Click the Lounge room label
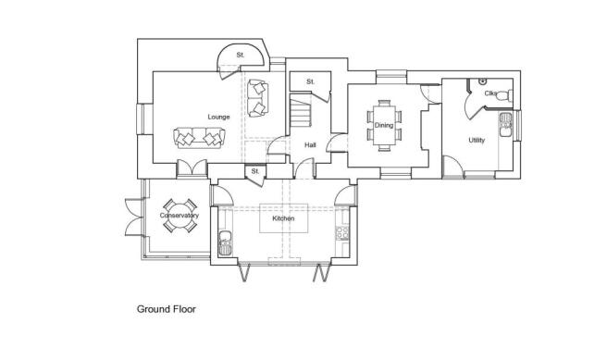[218, 117]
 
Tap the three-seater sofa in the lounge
[199, 138]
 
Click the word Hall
[311, 144]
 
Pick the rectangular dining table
[384, 123]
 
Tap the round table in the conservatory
[179, 217]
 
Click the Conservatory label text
[179, 217]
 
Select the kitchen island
[283, 227]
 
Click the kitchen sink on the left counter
[224, 245]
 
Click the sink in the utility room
[506, 124]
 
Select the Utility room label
[477, 141]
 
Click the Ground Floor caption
[167, 309]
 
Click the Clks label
[489, 93]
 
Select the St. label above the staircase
[311, 81]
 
